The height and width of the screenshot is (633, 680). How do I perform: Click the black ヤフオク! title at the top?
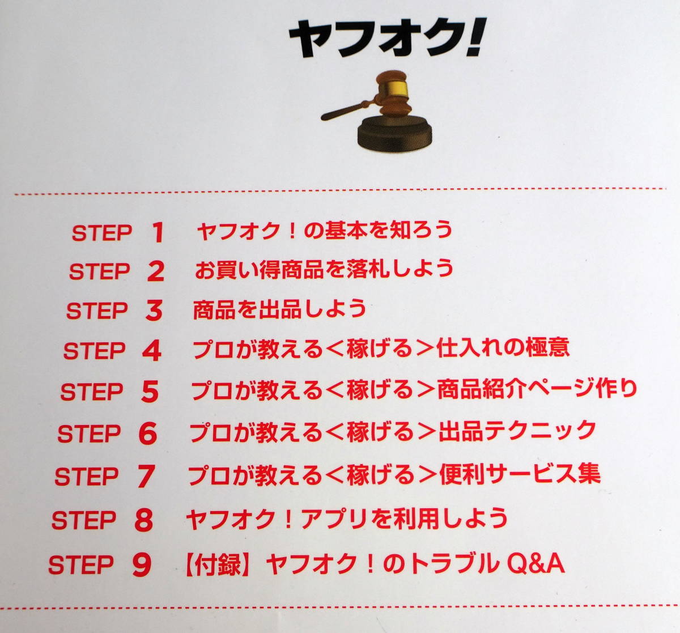coord(387,38)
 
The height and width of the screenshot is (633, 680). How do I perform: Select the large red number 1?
coord(158,232)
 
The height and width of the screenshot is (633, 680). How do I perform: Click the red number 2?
coord(156,271)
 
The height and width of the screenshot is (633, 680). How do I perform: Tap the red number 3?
coord(154,311)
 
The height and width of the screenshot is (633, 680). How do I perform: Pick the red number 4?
coord(152,350)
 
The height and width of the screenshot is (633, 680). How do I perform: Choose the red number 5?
coord(150,392)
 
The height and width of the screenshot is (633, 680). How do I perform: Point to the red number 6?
coord(148,434)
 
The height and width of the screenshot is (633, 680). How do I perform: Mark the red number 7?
coord(146,476)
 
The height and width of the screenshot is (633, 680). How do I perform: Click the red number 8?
coord(144,520)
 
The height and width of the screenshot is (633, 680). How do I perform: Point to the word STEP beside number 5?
coord(91,392)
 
